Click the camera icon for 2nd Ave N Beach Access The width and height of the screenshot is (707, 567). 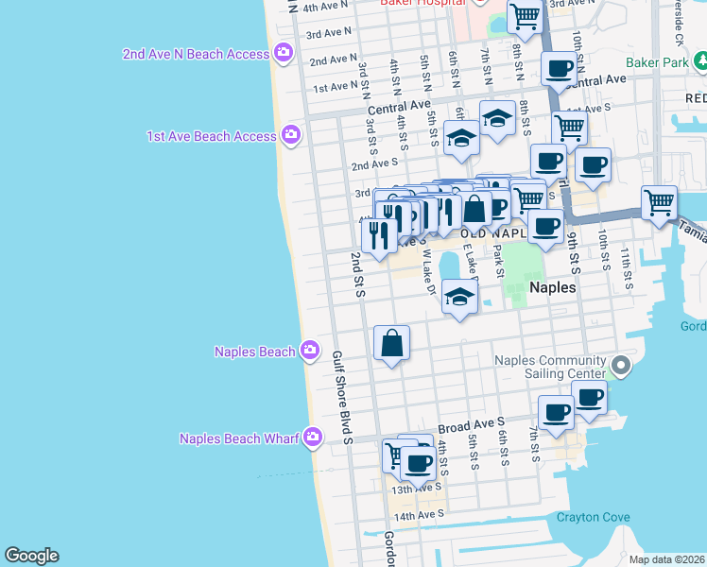point(283,54)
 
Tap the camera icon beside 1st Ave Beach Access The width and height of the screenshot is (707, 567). point(291,136)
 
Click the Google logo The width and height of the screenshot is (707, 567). point(31,556)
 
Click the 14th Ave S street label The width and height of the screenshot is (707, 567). point(418,516)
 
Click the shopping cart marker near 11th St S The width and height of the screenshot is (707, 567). point(659,201)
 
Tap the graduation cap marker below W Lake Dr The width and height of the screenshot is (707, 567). point(459,298)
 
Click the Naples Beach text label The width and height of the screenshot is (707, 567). point(255,352)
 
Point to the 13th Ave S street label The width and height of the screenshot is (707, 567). point(417,489)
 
